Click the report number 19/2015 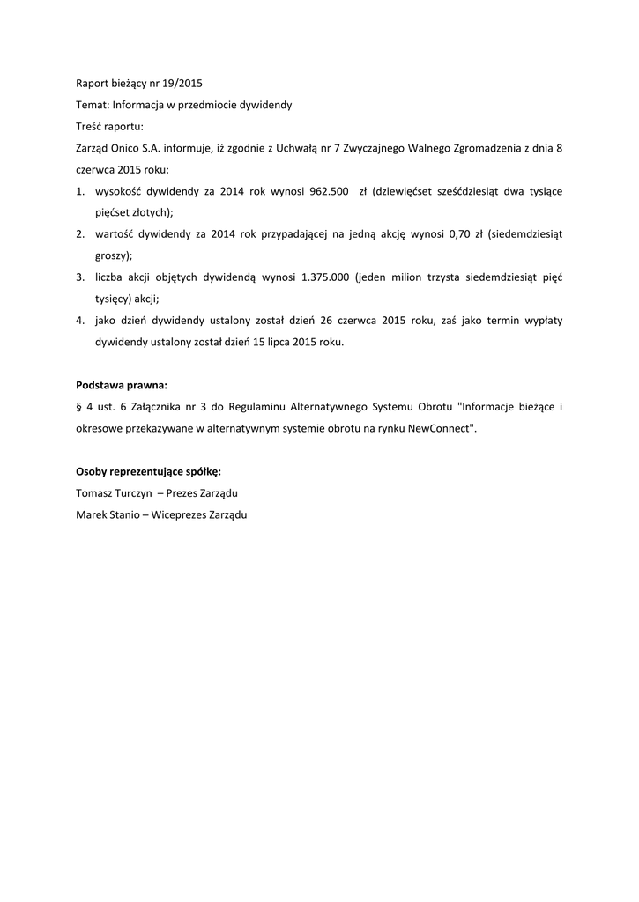pyautogui.click(x=183, y=84)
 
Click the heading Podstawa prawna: pyautogui.click(x=122, y=385)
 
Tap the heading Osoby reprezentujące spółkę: pyautogui.click(x=148, y=471)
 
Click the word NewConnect pyautogui.click(x=442, y=427)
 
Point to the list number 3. pyautogui.click(x=79, y=277)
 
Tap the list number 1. pyautogui.click(x=79, y=191)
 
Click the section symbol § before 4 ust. pyautogui.click(x=80, y=406)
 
